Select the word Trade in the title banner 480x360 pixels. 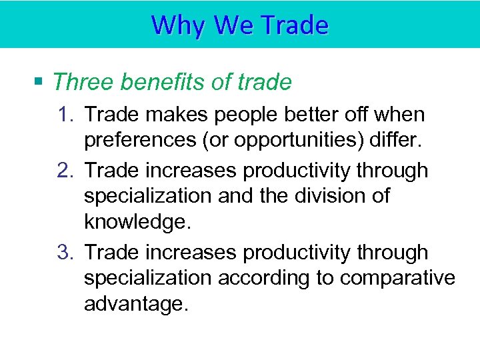pyautogui.click(x=296, y=25)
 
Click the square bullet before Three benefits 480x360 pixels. pyautogui.click(x=39, y=82)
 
